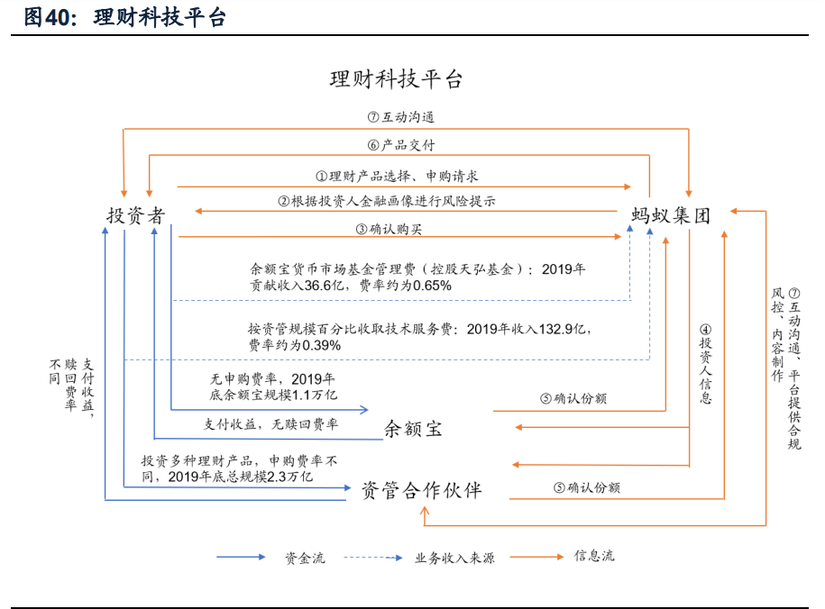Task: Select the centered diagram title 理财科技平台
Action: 396,79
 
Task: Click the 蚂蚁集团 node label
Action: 671,214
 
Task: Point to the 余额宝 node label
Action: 413,428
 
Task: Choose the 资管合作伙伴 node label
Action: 421,490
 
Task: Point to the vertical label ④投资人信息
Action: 706,364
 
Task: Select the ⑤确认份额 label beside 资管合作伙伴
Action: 586,487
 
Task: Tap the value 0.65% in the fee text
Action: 429,286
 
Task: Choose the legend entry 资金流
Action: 305,558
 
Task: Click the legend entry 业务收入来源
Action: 454,558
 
